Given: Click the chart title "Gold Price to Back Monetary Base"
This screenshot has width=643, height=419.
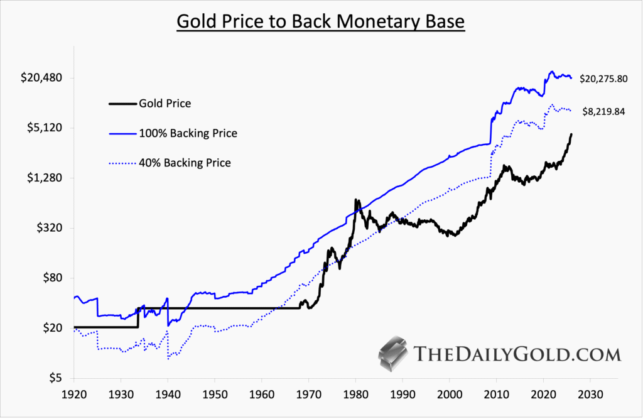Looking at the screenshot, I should click(x=321, y=21).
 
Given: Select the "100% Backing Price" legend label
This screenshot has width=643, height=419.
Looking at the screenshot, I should click(x=189, y=133).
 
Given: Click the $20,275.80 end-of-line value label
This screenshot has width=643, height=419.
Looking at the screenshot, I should click(x=603, y=79).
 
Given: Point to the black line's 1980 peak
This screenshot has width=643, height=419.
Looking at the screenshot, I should click(x=356, y=200).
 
